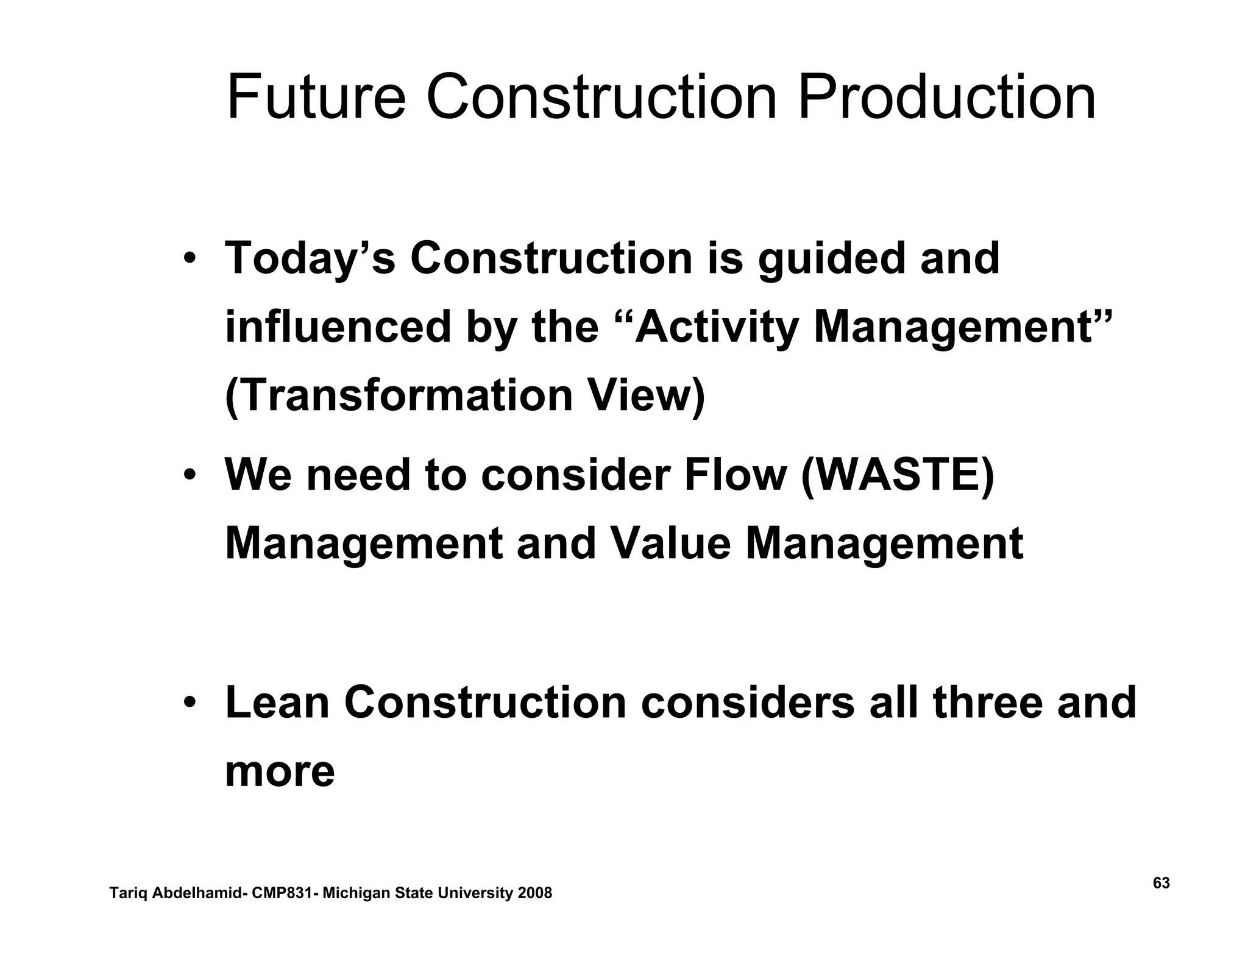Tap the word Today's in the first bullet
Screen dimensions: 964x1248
point(310,258)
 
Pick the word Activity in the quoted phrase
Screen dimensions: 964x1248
point(714,327)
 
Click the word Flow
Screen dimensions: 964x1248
point(735,475)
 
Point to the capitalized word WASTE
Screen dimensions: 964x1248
point(897,475)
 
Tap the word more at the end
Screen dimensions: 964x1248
point(280,771)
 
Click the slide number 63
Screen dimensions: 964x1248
point(1161,884)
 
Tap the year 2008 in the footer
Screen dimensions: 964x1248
point(534,893)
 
